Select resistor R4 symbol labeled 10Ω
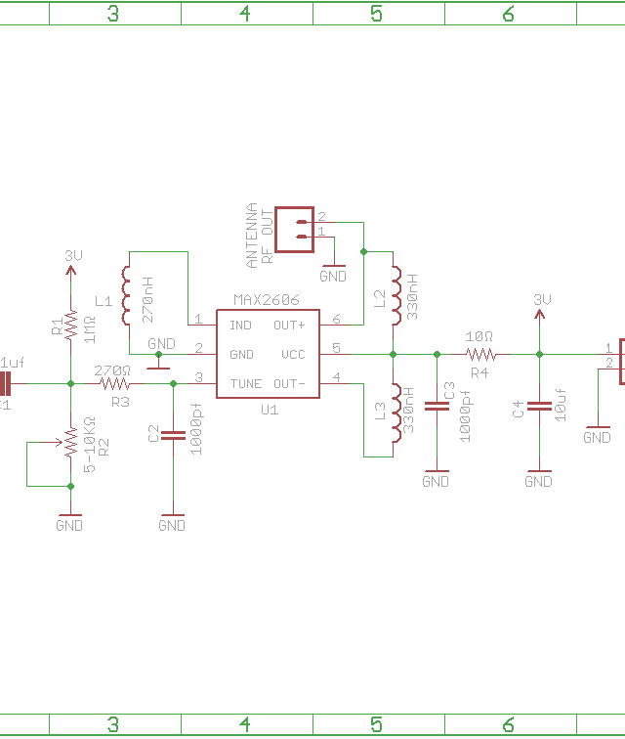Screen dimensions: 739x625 (479, 354)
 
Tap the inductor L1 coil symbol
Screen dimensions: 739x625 (127, 297)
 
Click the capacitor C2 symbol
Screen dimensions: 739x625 (173, 436)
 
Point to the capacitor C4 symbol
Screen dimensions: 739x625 (538, 406)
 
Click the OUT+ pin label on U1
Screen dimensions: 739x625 (289, 325)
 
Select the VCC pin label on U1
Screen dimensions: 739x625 (293, 354)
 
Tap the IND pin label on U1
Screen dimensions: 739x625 (240, 325)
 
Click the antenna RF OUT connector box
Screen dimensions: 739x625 (294, 229)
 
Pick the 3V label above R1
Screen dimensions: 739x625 (73, 255)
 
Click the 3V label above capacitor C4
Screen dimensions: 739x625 (542, 299)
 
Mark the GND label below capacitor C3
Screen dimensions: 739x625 (436, 481)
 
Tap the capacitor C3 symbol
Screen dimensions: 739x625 (437, 405)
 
